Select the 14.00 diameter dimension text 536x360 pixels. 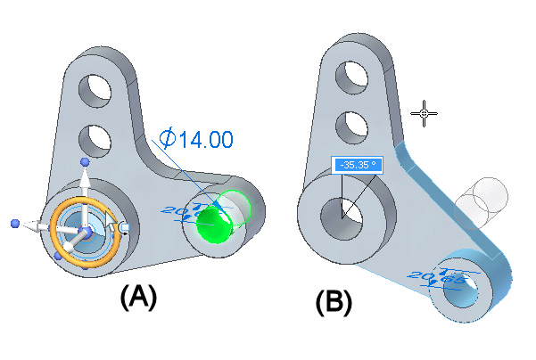[205, 139]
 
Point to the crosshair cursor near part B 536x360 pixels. [425, 112]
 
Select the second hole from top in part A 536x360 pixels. [95, 138]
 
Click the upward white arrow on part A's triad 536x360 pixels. [85, 183]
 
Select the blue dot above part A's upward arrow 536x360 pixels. [85, 161]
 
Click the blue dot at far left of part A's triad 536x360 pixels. [15, 222]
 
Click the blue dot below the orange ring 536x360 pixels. [58, 257]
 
